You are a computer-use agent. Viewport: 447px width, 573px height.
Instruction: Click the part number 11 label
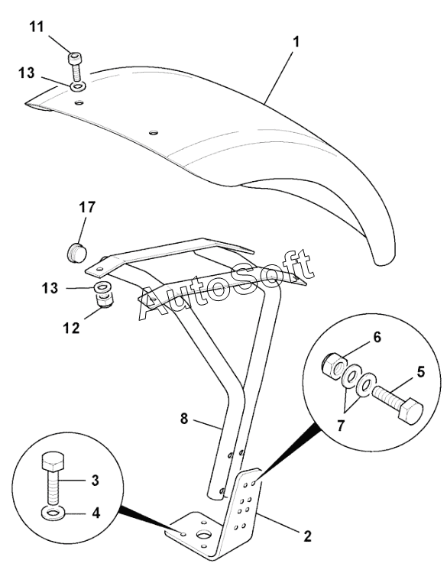(36, 27)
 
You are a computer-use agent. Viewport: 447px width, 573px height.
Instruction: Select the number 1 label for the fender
(296, 42)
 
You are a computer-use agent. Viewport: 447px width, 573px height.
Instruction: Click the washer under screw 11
(78, 86)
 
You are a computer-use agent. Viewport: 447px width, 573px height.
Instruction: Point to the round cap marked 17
(76, 252)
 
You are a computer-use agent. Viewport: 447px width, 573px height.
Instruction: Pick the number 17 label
(87, 207)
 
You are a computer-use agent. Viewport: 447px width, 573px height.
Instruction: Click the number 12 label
(71, 328)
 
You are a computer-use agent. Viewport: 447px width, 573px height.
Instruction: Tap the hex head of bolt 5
(410, 413)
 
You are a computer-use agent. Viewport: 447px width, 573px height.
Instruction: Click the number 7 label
(341, 426)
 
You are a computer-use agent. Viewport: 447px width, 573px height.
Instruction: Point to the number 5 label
(421, 372)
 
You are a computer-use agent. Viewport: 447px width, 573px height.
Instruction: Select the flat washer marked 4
(53, 514)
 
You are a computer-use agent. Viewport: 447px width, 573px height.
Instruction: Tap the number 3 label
(95, 481)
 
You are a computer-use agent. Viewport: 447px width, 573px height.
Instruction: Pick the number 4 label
(96, 513)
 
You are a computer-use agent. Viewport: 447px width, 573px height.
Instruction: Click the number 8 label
(184, 419)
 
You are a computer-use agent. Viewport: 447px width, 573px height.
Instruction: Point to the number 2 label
(307, 536)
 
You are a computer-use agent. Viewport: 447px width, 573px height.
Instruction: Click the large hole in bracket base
(204, 535)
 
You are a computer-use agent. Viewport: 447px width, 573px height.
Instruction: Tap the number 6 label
(377, 337)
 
